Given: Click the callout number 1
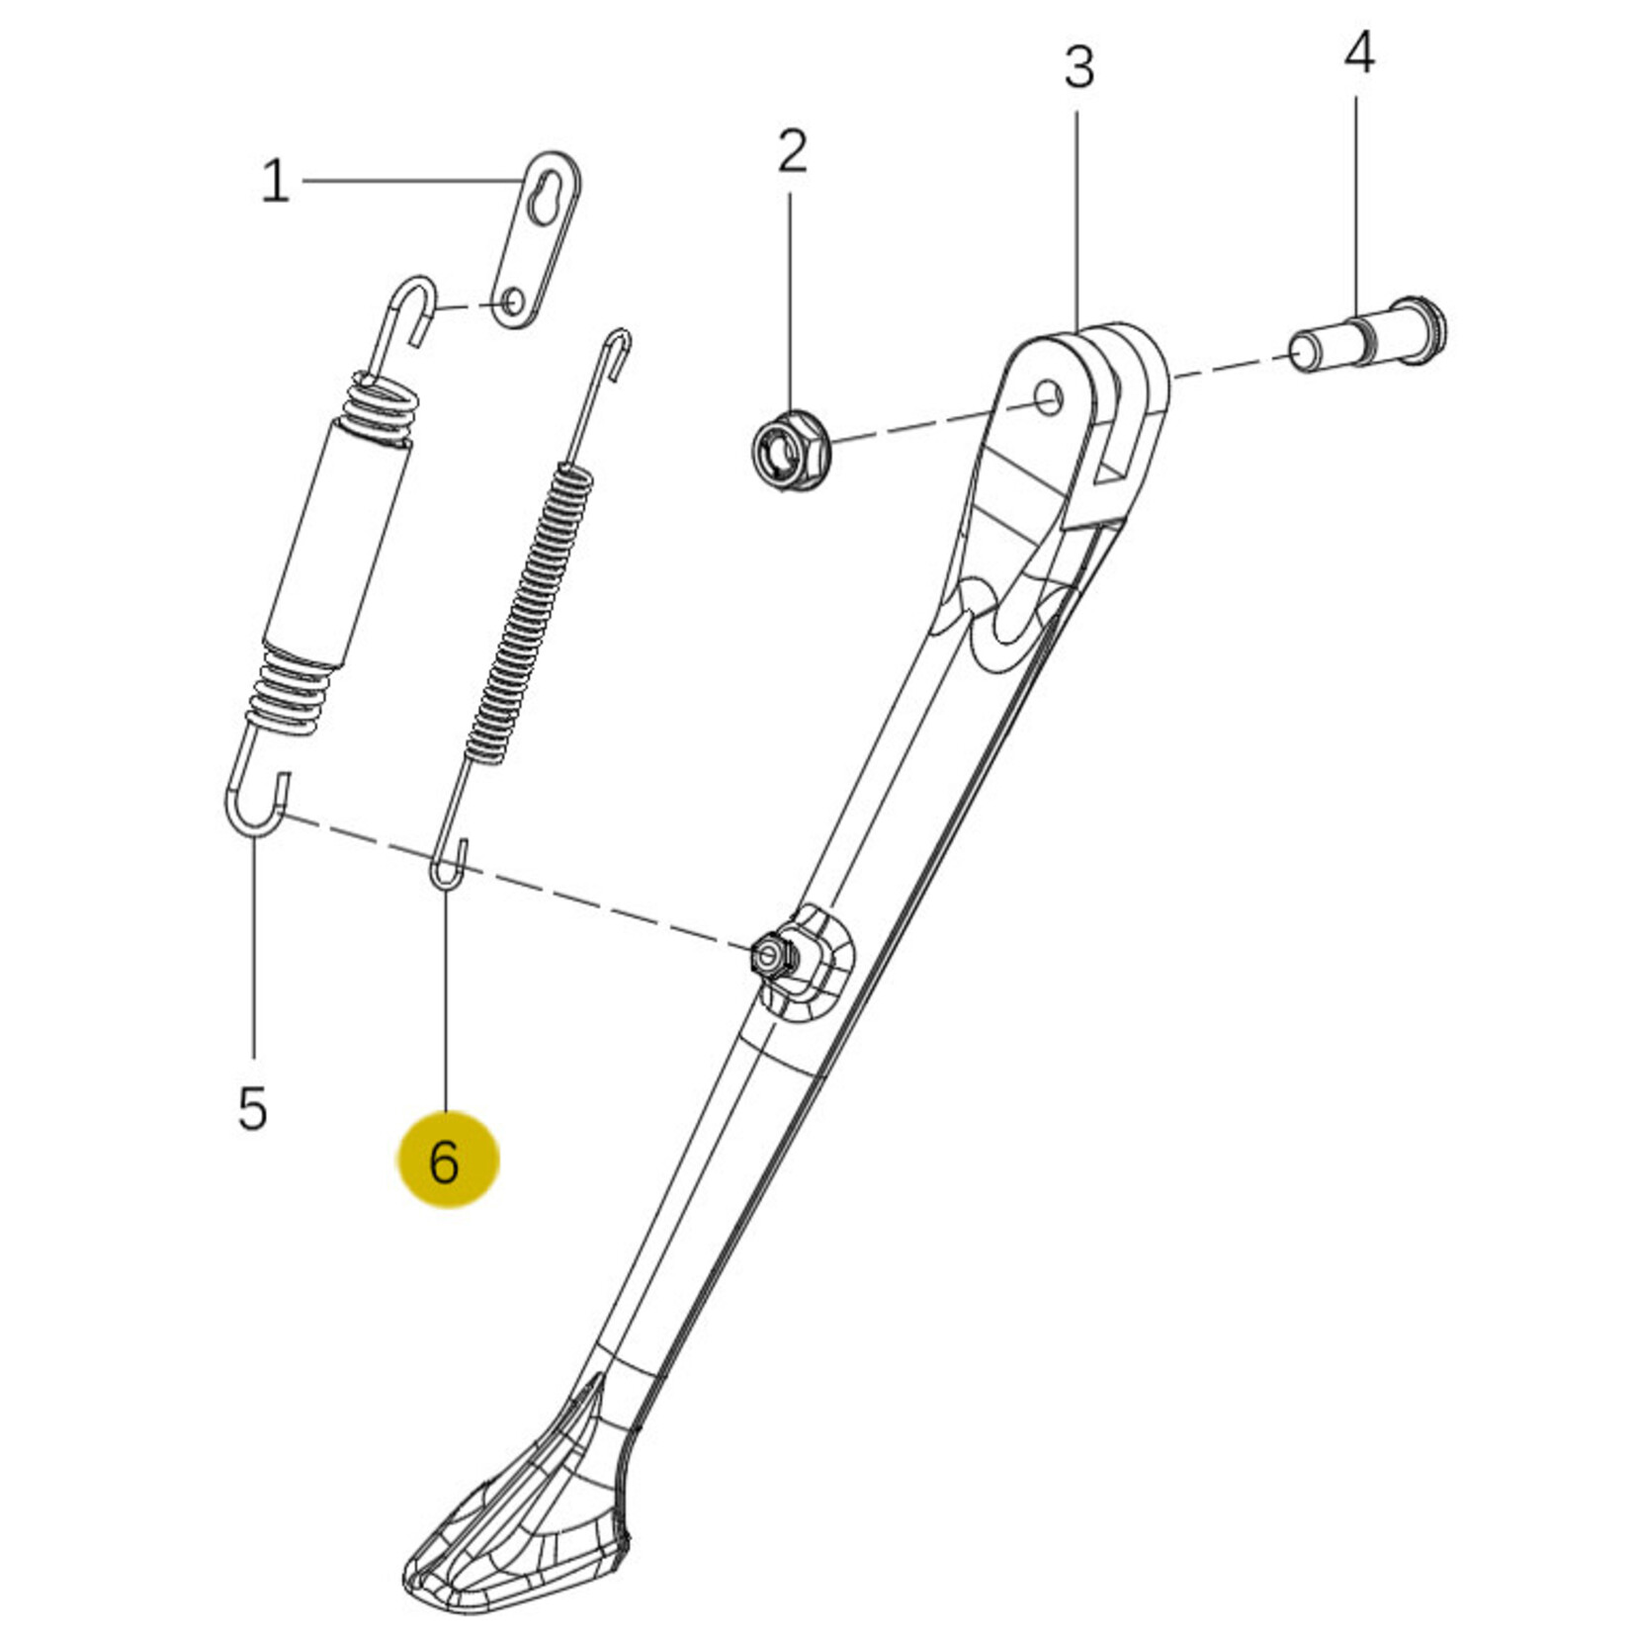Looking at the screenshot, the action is tap(275, 183).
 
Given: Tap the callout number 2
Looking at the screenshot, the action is tap(792, 151).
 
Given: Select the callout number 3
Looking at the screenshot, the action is tap(1079, 67).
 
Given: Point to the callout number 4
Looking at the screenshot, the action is tap(1359, 53).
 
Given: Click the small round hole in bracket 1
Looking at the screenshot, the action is tap(513, 299).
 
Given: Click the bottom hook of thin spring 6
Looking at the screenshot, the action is tap(447, 860).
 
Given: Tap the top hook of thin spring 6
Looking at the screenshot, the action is tap(617, 352).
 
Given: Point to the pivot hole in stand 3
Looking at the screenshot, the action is tap(1050, 397).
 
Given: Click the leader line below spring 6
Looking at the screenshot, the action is tap(446, 999).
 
